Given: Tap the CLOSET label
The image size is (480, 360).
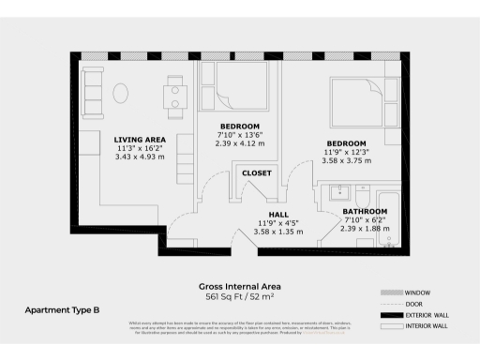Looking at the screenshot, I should (x=256, y=173).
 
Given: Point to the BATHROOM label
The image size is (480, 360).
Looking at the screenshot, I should (x=364, y=212).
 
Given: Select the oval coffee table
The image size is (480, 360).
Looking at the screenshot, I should (x=122, y=92).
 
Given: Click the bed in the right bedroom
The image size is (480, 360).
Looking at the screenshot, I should (x=361, y=100).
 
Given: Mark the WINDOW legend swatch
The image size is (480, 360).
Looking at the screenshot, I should (x=393, y=292).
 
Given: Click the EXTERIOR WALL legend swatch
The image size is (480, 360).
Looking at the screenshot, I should (x=393, y=314).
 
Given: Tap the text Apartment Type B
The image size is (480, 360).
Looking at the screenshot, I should (x=62, y=308).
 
